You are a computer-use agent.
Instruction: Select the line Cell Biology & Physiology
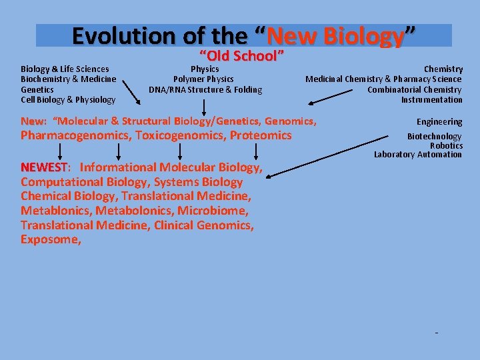pyautogui.click(x=68, y=100)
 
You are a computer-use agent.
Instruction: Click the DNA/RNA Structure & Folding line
pyautogui.click(x=205, y=89)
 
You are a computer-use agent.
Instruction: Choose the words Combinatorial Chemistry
pyautogui.click(x=414, y=89)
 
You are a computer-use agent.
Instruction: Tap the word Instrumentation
pyautogui.click(x=431, y=100)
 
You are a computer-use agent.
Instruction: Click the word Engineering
pyautogui.click(x=439, y=122)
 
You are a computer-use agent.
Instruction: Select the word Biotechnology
pyautogui.click(x=434, y=137)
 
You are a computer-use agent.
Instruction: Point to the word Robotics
pyautogui.click(x=446, y=145)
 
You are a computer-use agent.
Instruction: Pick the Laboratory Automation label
pyautogui.click(x=418, y=155)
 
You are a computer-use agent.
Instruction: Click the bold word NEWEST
pyautogui.click(x=44, y=167)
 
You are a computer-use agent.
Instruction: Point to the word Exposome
pyautogui.click(x=50, y=240)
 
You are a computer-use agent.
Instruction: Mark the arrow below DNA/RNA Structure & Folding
pyautogui.click(x=204, y=107)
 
